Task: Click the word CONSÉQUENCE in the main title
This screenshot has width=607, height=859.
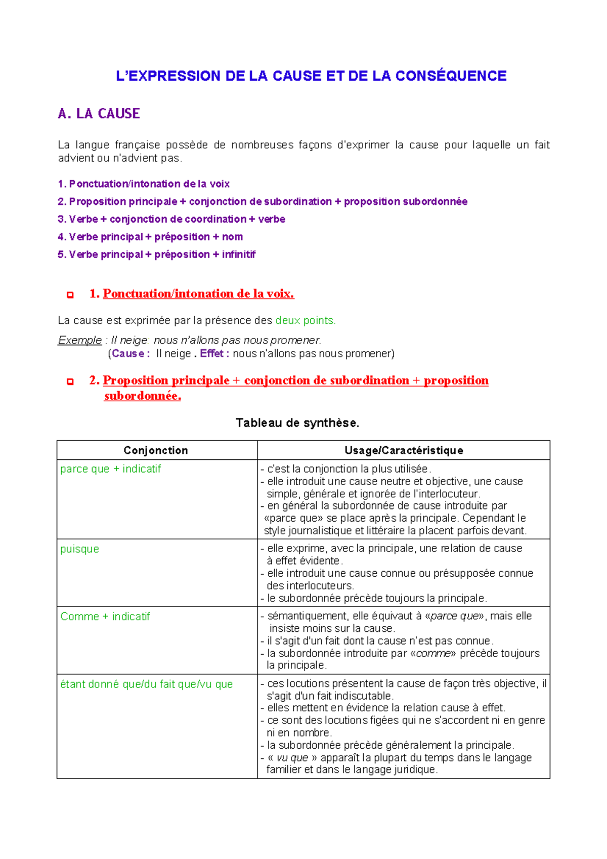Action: click(x=450, y=76)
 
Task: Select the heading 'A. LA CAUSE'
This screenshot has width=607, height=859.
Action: click(x=99, y=113)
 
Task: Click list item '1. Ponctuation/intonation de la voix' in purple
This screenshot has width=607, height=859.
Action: click(x=144, y=184)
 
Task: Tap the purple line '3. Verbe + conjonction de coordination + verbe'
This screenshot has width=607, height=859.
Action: click(x=171, y=219)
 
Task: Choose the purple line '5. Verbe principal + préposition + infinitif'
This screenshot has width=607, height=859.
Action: click(x=156, y=254)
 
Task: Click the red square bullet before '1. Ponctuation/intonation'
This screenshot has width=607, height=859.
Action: click(x=70, y=295)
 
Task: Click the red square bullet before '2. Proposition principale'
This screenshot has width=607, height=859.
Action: click(x=70, y=381)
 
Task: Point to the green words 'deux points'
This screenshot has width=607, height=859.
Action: click(x=305, y=320)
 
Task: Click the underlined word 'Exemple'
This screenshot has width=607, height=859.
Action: click(x=80, y=340)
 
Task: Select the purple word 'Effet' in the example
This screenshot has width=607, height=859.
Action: click(x=211, y=354)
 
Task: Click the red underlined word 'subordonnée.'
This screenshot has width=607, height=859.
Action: click(x=142, y=396)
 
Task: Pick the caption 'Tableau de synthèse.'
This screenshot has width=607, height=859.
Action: click(x=297, y=423)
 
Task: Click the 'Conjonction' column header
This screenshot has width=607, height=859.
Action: click(x=156, y=450)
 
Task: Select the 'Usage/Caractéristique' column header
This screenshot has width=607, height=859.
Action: click(x=404, y=450)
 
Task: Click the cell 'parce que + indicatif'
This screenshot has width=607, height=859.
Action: click(x=110, y=469)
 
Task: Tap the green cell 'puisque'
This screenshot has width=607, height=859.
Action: click(x=79, y=549)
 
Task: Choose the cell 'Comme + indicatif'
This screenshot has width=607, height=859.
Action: click(x=105, y=616)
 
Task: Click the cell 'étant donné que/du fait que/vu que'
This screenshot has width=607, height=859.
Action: click(x=146, y=684)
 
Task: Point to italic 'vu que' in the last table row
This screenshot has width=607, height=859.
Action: click(x=292, y=758)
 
